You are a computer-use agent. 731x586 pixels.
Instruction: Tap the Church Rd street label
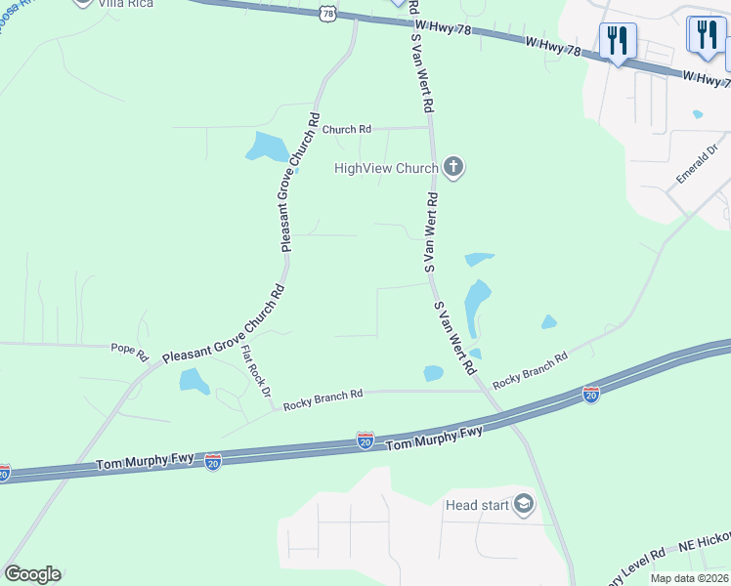coord(347,129)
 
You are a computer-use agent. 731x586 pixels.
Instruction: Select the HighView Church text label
coord(386,168)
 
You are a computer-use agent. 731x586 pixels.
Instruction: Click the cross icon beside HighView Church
coord(452,167)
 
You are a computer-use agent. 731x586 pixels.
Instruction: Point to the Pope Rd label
coord(128,348)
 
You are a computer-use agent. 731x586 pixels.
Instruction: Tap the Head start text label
coord(476,505)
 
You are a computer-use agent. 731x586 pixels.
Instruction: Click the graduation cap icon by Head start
coord(524,504)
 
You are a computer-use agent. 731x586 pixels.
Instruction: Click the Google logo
coord(32,574)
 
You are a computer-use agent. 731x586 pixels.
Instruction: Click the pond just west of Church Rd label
coord(268,146)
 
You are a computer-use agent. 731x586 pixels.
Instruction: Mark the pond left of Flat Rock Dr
coord(194,381)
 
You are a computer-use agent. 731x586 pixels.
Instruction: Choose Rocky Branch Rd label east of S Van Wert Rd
coord(530,371)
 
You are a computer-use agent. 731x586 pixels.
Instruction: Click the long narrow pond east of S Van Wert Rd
coord(476,306)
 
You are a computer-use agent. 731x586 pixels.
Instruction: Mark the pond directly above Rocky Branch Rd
coord(433,372)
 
